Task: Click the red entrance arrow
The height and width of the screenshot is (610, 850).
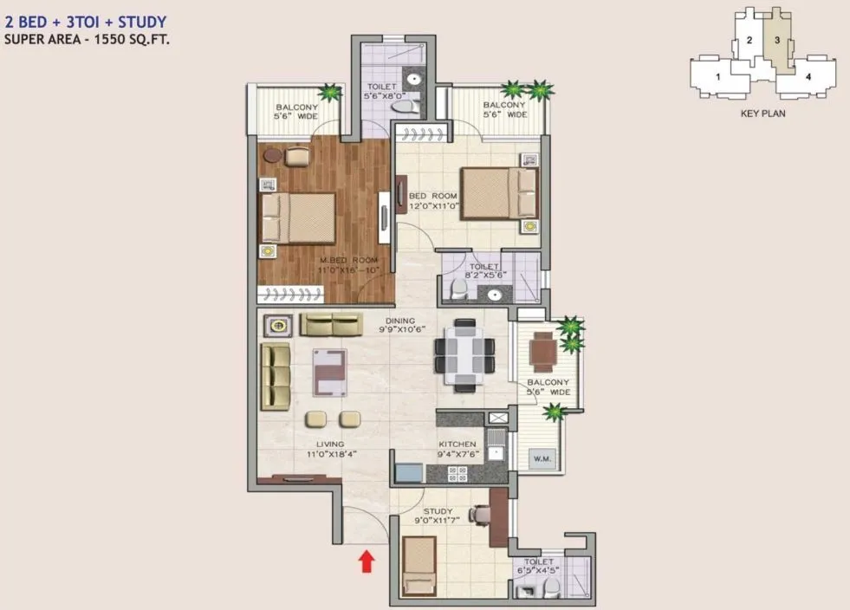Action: pos(367,561)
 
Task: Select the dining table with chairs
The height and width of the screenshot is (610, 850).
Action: pos(464,351)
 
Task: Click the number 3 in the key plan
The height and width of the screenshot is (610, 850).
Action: pos(778,40)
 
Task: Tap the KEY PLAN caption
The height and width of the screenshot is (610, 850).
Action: pos(762,113)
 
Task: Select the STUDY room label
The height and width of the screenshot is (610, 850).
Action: pos(438,511)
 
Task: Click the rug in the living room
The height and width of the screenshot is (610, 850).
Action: pos(329,372)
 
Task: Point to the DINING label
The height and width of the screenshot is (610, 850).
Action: pos(400,319)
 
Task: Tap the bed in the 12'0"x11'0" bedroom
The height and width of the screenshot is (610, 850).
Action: pos(496,193)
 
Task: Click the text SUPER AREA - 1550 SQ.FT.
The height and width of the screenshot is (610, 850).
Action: pos(86,39)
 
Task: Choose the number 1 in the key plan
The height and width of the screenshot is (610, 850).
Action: pos(718,77)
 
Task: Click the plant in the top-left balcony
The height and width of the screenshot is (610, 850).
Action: pos(328,91)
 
